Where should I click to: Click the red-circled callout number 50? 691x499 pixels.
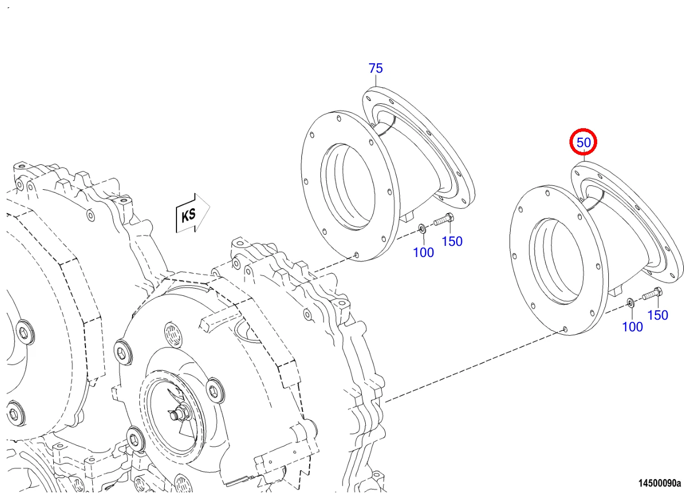[x=583, y=143]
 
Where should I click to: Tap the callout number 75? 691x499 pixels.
[x=375, y=68]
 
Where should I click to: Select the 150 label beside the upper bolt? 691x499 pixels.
[x=452, y=241]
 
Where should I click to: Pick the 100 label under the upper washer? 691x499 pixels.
[x=423, y=253]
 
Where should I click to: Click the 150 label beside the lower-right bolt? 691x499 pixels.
[x=657, y=315]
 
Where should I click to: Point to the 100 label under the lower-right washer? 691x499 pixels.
[x=632, y=327]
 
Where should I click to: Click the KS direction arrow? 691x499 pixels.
[x=193, y=213]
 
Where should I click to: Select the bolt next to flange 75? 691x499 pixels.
[x=444, y=219]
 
